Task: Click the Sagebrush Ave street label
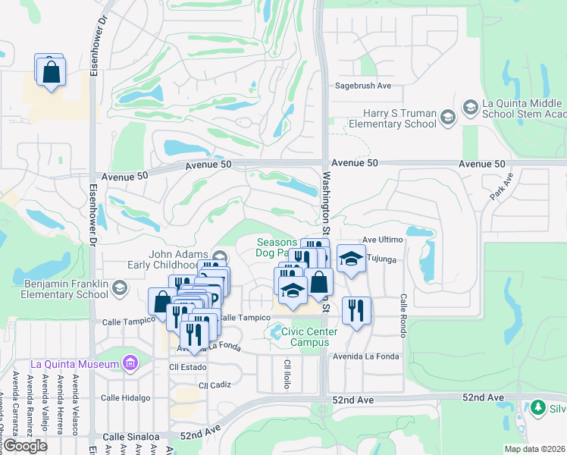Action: (x=363, y=86)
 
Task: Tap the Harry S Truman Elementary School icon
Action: (x=449, y=117)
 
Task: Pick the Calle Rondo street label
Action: (x=403, y=312)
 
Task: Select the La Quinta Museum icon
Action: (x=130, y=363)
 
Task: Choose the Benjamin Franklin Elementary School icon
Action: (x=119, y=287)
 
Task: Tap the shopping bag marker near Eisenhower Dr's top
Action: (x=51, y=72)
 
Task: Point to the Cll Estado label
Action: (x=183, y=368)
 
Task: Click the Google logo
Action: (x=26, y=446)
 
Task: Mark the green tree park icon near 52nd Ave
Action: (x=539, y=408)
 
